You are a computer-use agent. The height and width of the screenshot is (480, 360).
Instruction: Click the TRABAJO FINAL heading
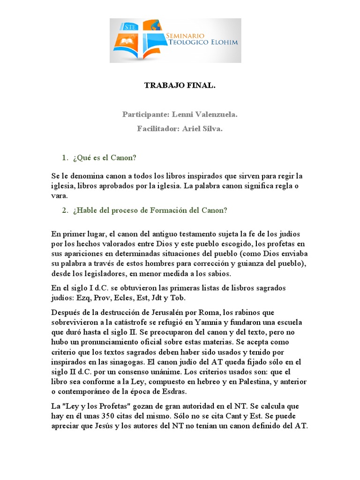(x=180, y=85)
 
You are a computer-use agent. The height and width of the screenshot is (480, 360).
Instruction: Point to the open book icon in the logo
(x=127, y=42)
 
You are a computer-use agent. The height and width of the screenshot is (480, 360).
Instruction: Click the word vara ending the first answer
(x=59, y=196)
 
